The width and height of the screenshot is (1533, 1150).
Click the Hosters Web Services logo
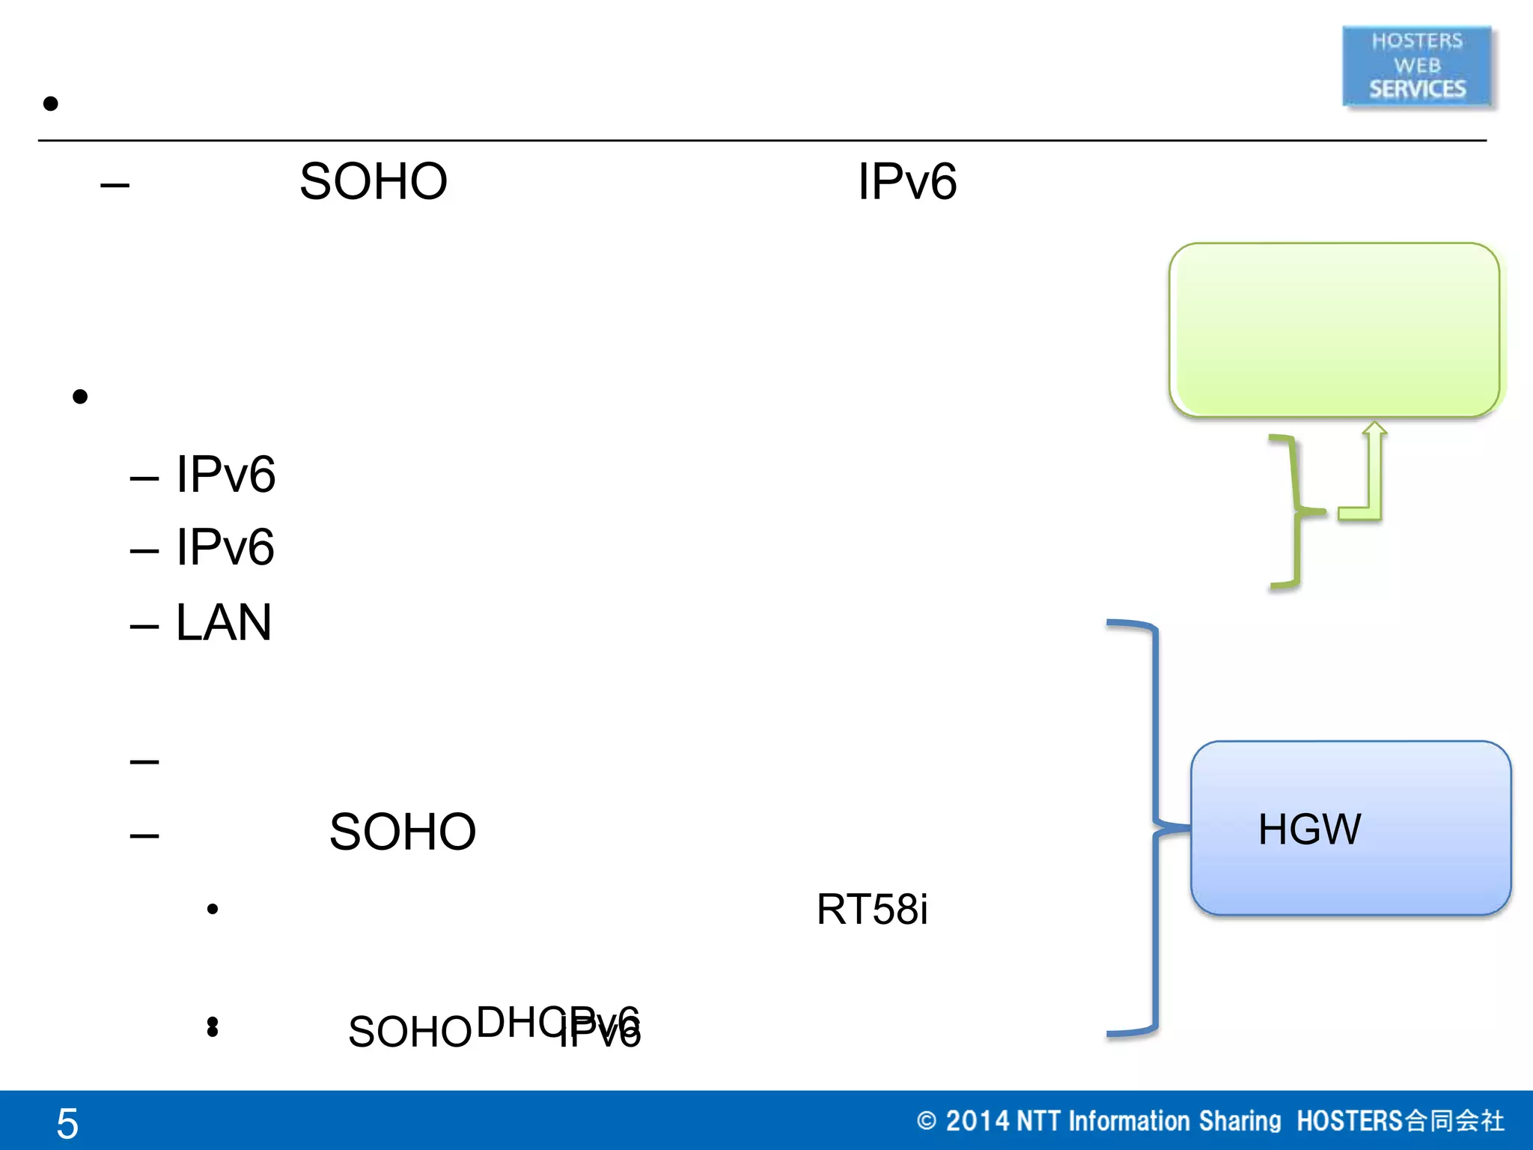click(x=1417, y=66)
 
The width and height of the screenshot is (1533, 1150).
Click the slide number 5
click(x=67, y=1123)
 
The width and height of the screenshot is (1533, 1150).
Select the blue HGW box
click(x=1350, y=828)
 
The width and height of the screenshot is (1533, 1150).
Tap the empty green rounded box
click(x=1334, y=329)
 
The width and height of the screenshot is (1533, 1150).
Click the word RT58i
click(x=871, y=909)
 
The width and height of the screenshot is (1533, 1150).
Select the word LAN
click(x=223, y=622)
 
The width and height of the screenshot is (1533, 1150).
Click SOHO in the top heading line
click(x=373, y=181)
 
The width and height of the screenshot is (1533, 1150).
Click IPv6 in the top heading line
click(x=906, y=181)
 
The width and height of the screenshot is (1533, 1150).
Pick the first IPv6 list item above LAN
click(x=225, y=474)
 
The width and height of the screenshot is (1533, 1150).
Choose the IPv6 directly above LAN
click(x=225, y=547)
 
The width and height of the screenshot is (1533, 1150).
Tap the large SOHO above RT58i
click(x=402, y=832)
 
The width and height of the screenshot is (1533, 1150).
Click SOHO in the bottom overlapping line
click(x=409, y=1032)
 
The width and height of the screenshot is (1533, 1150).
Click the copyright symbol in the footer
click(x=926, y=1121)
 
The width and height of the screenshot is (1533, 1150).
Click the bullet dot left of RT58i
click(x=213, y=909)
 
